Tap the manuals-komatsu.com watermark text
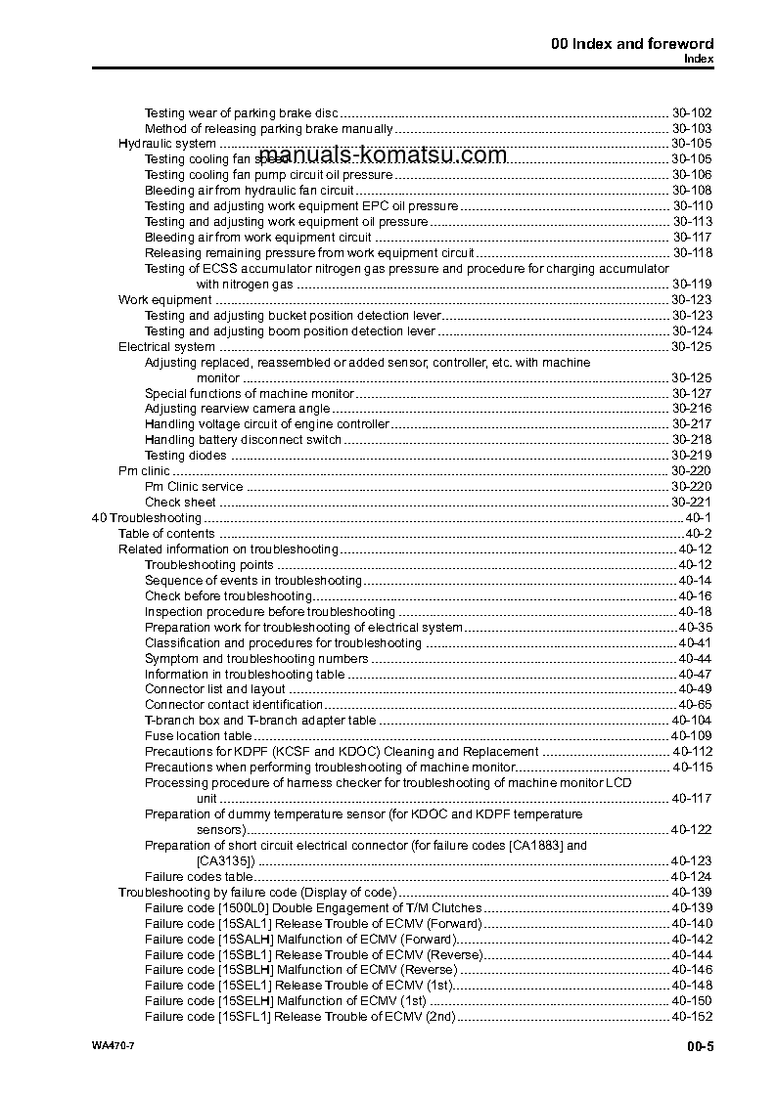pyautogui.click(x=384, y=154)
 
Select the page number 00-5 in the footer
pyautogui.click(x=700, y=1047)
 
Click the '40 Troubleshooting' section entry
pyautogui.click(x=146, y=518)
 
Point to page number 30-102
pyautogui.click(x=691, y=112)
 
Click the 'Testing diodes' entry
pyautogui.click(x=185, y=456)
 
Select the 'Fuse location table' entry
pyautogui.click(x=198, y=736)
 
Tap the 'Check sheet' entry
pyautogui.click(x=180, y=503)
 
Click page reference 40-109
pyautogui.click(x=691, y=736)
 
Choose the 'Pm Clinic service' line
pyautogui.click(x=194, y=487)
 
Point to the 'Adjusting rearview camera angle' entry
pyautogui.click(x=238, y=409)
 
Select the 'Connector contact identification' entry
pyautogui.click(x=234, y=705)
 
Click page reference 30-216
pyautogui.click(x=691, y=409)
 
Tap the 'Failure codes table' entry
pyautogui.click(x=198, y=877)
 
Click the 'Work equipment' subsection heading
pyautogui.click(x=164, y=300)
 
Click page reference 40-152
pyautogui.click(x=691, y=1017)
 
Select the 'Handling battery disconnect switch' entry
pyautogui.click(x=244, y=440)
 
